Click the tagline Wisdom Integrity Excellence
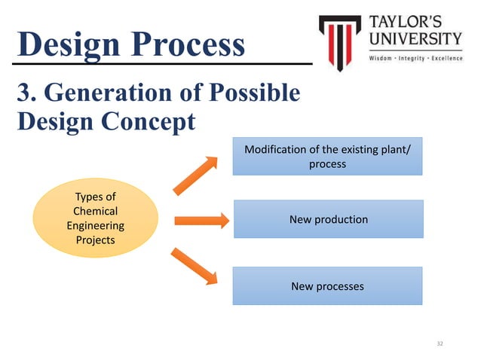tap(415, 58)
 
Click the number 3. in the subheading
tap(26, 93)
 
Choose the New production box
tap(328, 219)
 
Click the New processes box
tap(327, 285)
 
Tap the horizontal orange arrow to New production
tap(201, 221)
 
